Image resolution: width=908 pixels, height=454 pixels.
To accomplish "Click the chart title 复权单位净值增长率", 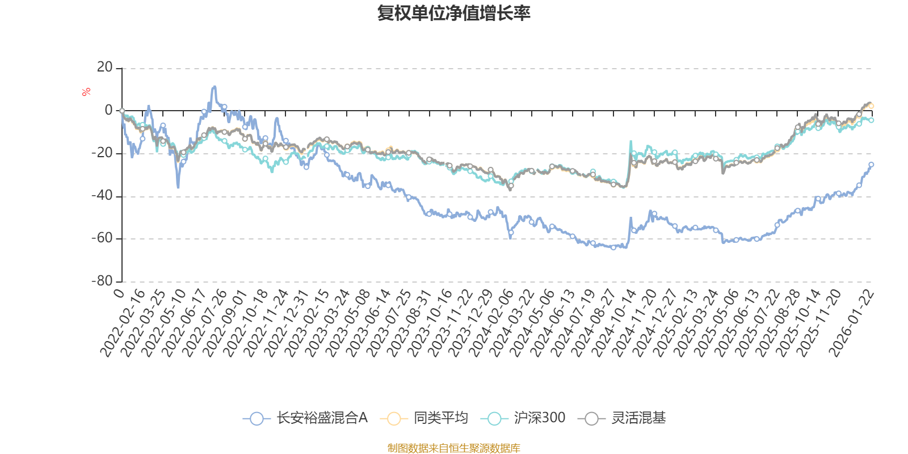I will coord(453,14).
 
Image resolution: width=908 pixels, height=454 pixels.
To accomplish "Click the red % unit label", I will coord(86,92).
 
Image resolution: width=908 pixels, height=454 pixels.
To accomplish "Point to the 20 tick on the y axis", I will coord(105,68).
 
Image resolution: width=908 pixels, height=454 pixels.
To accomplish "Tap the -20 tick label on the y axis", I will coord(102,153).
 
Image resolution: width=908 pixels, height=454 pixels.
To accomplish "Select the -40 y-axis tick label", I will coord(102,196).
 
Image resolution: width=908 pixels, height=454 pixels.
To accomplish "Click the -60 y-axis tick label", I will coord(102,238).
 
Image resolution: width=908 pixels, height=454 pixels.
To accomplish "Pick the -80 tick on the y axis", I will coord(102,281).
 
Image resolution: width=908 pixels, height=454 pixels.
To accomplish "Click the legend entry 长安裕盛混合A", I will coord(306,418).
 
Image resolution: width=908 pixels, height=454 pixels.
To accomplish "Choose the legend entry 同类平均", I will coord(425,418).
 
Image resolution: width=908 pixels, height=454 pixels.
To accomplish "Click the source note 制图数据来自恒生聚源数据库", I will coord(453,448).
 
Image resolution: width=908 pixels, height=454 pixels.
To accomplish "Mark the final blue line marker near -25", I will coord(871,165).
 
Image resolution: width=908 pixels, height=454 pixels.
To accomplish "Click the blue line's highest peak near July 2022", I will coord(214,87).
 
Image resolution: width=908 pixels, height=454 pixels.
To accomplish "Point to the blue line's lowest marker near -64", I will coord(613,247).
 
